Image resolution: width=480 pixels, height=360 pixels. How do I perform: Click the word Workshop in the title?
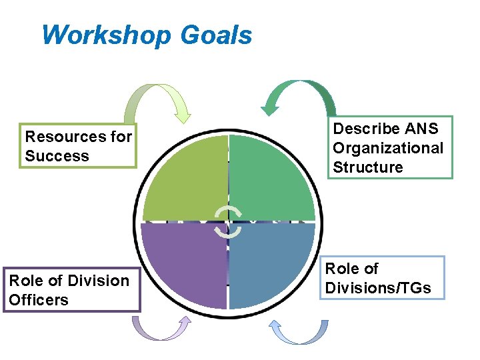107,35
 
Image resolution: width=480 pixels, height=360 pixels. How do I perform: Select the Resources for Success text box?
79,146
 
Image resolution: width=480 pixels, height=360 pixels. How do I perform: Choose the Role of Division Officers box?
71,290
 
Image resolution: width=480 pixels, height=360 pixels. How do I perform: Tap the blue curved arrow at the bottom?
300,331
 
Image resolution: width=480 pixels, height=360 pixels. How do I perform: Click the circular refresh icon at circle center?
229,222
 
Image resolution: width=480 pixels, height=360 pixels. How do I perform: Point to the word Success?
57,156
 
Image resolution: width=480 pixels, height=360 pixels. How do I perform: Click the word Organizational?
388,148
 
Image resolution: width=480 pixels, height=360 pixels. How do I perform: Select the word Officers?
39,300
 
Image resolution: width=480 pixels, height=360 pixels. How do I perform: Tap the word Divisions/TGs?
378,288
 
